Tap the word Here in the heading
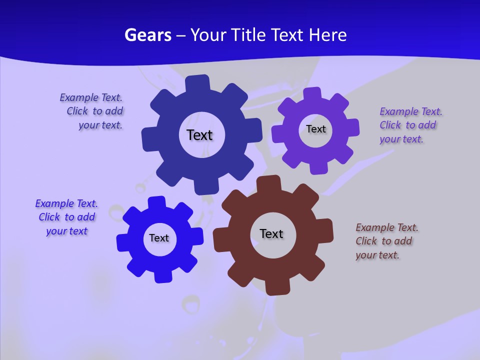coord(328,35)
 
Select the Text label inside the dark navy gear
coord(199,135)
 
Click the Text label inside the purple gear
coord(316,129)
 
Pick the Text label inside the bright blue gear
coord(159,238)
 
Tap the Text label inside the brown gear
coord(271,233)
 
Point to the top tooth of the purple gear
coord(312,93)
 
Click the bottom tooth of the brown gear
coord(276,287)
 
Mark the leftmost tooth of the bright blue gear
coord(123,242)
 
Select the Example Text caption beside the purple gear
coord(410,125)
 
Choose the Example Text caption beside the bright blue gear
coord(66,217)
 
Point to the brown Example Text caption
coord(386,241)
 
